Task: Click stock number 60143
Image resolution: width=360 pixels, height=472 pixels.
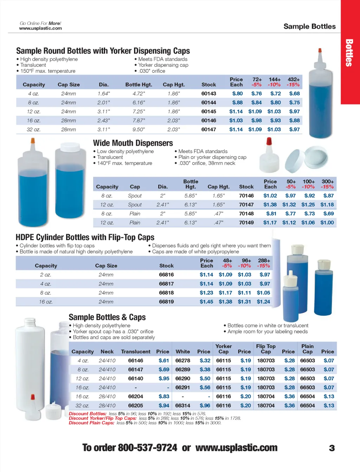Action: pos(208,93)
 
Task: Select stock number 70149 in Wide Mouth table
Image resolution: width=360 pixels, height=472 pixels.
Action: pos(246,222)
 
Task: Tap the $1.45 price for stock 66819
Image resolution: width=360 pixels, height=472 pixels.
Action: pos(206,302)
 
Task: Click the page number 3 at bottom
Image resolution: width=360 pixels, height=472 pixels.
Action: pos(332,448)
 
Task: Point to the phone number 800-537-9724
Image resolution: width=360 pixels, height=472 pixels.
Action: pos(147,448)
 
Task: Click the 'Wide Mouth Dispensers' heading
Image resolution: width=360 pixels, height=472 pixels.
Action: pos(133,143)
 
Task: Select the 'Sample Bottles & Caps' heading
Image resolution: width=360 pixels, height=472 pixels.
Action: pos(107,317)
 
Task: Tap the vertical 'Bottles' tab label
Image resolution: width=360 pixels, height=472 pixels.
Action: pos(349,53)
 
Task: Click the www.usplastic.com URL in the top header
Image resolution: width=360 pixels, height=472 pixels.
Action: pos(40,28)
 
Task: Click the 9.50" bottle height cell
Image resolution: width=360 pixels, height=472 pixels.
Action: pos(139,129)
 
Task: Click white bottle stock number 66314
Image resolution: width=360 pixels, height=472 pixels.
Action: pos(182,405)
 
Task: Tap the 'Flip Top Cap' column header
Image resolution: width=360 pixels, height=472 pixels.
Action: pos(266,349)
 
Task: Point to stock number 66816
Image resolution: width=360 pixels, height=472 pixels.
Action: pos(166,274)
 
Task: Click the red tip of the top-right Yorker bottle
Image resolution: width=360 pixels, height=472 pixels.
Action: pos(320,51)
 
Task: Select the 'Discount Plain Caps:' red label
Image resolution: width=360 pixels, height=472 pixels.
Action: pos(91,423)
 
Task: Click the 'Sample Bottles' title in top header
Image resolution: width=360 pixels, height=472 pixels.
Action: pos(309,26)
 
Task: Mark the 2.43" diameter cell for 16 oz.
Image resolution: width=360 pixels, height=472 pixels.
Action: pos(103,121)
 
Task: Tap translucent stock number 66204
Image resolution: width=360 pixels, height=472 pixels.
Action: pos(135,396)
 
